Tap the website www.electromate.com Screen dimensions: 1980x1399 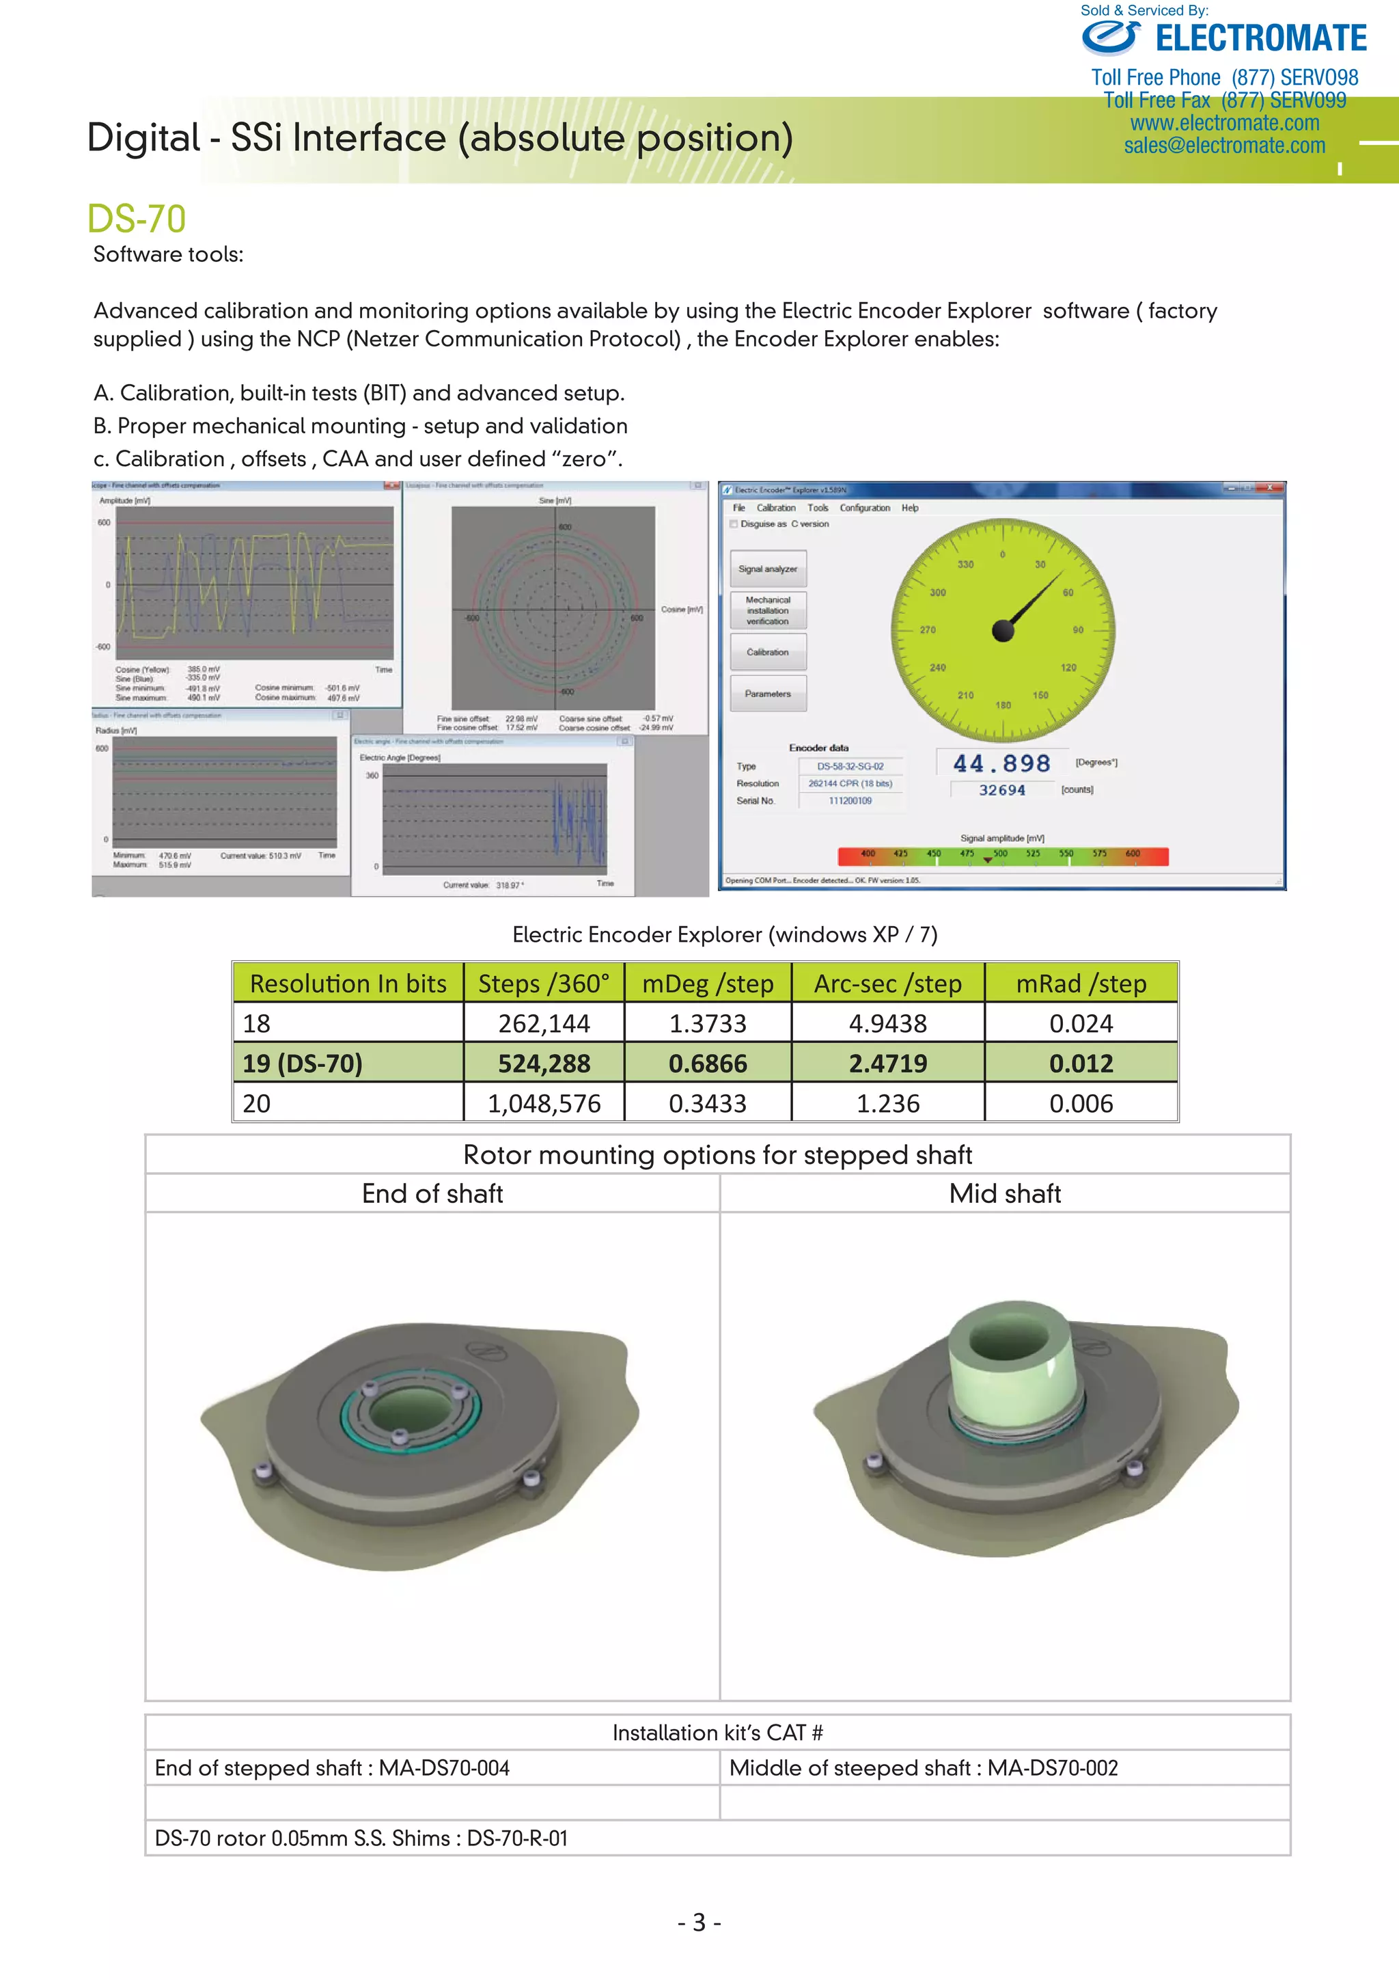(1224, 123)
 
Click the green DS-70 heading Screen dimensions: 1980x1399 (136, 219)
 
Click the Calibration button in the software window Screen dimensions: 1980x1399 (767, 652)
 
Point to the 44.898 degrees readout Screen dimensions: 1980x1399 (1001, 763)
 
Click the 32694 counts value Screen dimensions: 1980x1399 (1001, 790)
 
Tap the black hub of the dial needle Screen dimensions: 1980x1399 (1003, 632)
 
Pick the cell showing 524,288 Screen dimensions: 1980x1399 (544, 1063)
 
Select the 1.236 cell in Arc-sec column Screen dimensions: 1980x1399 (888, 1103)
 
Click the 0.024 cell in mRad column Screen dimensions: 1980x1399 (1081, 1024)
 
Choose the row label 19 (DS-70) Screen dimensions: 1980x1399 (303, 1063)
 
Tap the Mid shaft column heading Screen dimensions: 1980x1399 (1004, 1193)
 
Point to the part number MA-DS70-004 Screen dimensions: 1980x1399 (444, 1768)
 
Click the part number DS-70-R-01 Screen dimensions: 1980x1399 (517, 1838)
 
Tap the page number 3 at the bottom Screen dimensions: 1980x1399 (699, 1922)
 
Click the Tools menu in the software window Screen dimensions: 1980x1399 (817, 508)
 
